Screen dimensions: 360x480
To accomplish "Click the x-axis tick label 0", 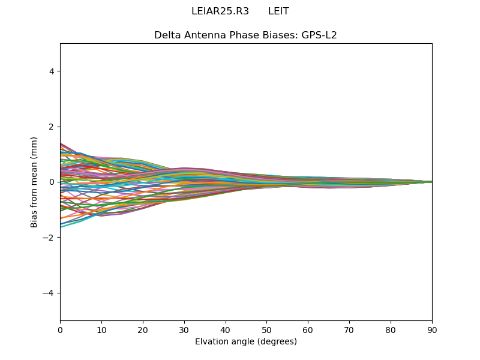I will pyautogui.click(x=60, y=329).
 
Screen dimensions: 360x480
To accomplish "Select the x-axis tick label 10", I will pyautogui.click(x=101, y=329).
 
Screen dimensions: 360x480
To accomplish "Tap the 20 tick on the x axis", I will pyautogui.click(x=143, y=329).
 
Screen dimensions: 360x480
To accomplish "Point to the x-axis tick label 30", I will pyautogui.click(x=184, y=329).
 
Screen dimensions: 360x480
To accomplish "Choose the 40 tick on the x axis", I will pyautogui.click(x=226, y=329).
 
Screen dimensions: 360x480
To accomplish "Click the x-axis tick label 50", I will pyautogui.click(x=266, y=329).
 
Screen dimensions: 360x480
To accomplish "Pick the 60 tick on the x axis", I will pyautogui.click(x=308, y=329).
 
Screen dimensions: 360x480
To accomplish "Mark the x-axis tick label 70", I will pyautogui.click(x=349, y=329).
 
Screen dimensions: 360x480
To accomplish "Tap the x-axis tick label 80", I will pyautogui.click(x=391, y=329).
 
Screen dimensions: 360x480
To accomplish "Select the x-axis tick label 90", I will pyautogui.click(x=432, y=329).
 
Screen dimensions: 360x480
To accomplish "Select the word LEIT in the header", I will pyautogui.click(x=278, y=11).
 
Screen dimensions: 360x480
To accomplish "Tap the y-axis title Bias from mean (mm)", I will pyautogui.click(x=35, y=182).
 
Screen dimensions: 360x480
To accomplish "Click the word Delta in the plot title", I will pyautogui.click(x=167, y=35).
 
